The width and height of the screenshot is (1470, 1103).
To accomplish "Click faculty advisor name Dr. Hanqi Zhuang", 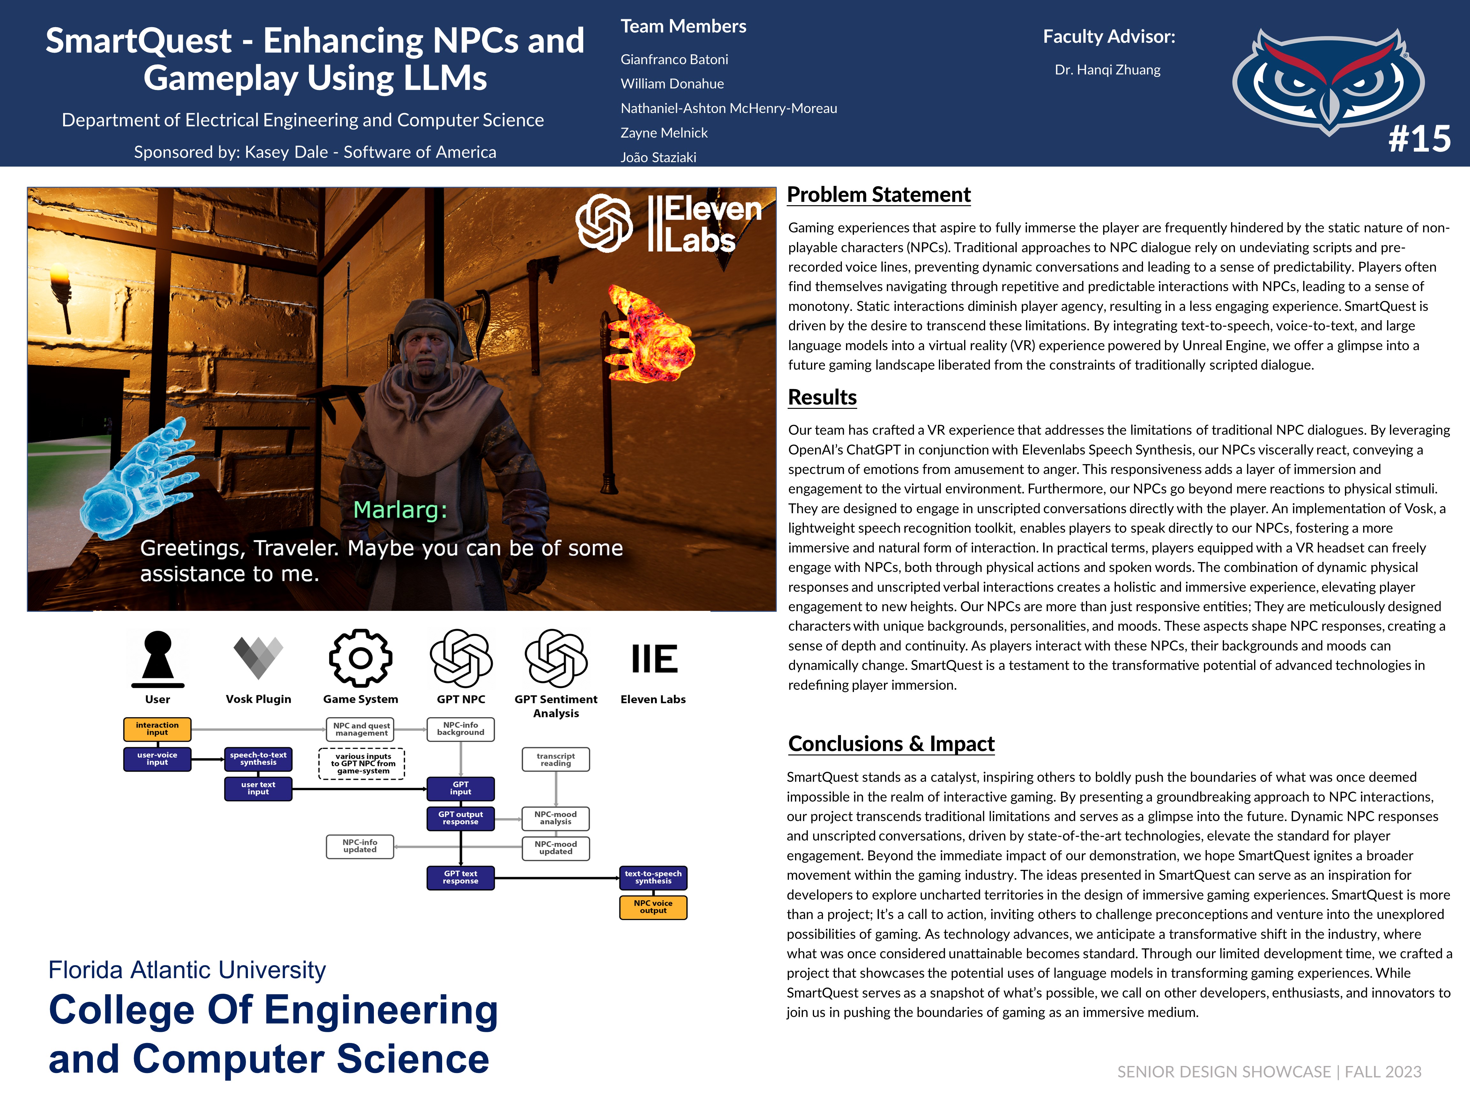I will point(1107,70).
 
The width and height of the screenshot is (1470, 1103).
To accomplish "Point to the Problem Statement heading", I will point(879,195).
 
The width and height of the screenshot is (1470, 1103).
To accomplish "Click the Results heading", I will point(822,397).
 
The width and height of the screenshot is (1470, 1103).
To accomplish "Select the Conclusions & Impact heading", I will point(891,743).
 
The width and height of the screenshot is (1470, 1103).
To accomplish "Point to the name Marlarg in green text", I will point(400,510).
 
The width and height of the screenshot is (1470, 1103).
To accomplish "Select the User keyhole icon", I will point(158,658).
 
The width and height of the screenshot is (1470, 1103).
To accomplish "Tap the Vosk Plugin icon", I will point(258,657).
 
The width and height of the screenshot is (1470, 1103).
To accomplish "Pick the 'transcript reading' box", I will point(556,759).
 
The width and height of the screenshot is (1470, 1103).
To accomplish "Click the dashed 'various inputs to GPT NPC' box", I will point(362,763).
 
